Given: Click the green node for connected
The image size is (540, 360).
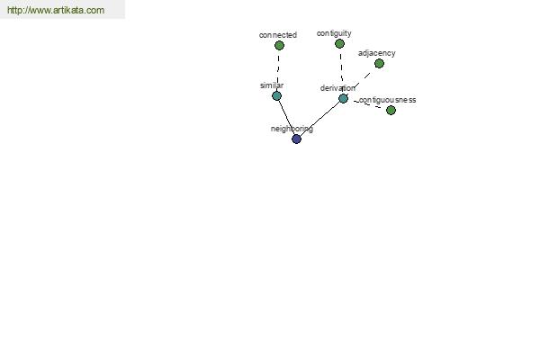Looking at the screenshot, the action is click(279, 46).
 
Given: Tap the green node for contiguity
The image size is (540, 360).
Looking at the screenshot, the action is click(339, 44).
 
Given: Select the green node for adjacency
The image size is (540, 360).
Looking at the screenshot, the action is click(379, 63).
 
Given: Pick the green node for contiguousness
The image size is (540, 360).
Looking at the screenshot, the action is click(391, 110).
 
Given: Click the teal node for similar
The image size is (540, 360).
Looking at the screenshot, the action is click(277, 95).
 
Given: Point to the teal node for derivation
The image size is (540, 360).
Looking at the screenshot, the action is click(344, 98).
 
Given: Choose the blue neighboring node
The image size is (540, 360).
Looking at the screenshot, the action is click(296, 139).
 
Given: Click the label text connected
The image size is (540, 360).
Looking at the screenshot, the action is click(278, 35).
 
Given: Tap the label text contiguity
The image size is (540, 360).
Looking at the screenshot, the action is click(334, 33).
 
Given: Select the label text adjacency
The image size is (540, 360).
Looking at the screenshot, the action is click(377, 53).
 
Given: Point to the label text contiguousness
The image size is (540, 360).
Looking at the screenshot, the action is click(387, 100).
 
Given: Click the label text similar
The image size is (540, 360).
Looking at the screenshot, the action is click(272, 85).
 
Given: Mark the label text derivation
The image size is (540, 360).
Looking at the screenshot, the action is click(337, 88).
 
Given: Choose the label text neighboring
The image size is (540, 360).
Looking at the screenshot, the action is click(292, 129).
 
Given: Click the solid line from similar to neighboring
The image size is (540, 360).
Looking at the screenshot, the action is click(286, 117).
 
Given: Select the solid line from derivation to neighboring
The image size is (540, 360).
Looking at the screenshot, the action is click(319, 119).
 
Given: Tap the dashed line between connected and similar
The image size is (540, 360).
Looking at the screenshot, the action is click(278, 70).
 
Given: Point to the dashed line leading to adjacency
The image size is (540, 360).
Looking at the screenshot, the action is click(360, 82).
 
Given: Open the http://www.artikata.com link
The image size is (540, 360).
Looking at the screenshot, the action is click(56, 10).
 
